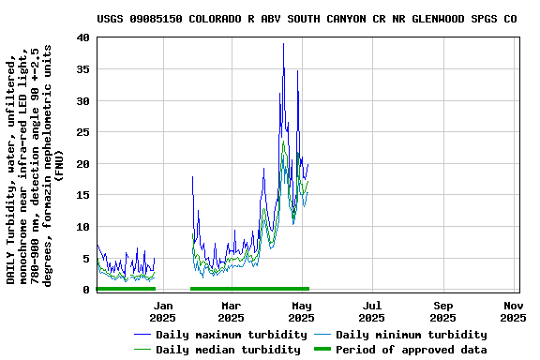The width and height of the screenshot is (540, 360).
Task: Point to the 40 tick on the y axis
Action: [x=82, y=37]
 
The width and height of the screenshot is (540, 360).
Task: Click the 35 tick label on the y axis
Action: [x=82, y=69]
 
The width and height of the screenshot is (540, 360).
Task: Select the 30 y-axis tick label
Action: [x=82, y=100]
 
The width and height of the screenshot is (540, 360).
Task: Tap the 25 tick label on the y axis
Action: [x=82, y=132]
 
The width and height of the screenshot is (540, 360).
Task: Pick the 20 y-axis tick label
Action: [x=82, y=164]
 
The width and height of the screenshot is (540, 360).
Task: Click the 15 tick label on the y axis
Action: [x=82, y=195]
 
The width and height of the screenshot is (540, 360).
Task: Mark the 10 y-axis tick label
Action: [x=82, y=227]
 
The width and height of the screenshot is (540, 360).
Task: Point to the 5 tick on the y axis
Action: [x=86, y=259]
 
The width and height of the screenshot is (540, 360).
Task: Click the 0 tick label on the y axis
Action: [x=86, y=290]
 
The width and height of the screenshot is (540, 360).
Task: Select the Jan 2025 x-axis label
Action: [x=163, y=311]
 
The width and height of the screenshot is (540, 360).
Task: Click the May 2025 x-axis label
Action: [x=301, y=311]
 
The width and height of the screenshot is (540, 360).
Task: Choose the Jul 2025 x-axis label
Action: [x=372, y=311]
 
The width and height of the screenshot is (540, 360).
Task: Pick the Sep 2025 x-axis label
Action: [x=443, y=311]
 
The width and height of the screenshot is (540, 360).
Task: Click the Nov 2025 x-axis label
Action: [x=513, y=311]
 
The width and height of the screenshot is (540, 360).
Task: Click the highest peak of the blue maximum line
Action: [x=283, y=43]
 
